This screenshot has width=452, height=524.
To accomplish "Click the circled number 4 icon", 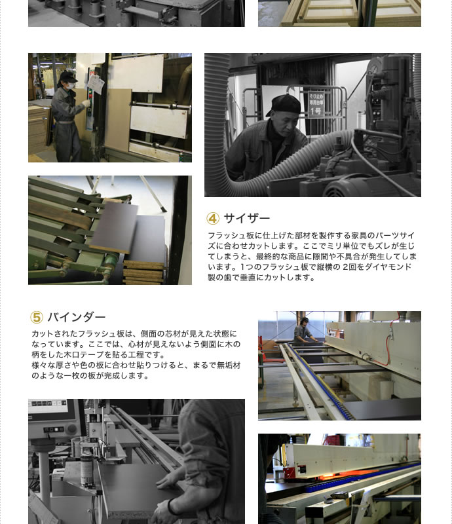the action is click(213, 219).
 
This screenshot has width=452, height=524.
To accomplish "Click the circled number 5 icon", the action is click(37, 317).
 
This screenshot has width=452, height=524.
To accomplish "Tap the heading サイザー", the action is click(247, 218).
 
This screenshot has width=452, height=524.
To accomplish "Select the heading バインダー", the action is click(77, 317).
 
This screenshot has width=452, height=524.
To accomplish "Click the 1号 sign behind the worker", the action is click(316, 104).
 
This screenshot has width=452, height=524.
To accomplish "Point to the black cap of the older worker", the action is click(285, 104).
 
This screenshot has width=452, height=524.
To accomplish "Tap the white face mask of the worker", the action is click(70, 86).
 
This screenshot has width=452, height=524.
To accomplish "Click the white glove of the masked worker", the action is click(86, 103).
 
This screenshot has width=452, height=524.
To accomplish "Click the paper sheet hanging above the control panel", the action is click(96, 84).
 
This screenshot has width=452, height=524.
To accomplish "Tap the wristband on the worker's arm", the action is click(172, 507).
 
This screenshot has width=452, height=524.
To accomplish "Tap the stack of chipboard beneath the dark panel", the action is click(144, 272).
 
